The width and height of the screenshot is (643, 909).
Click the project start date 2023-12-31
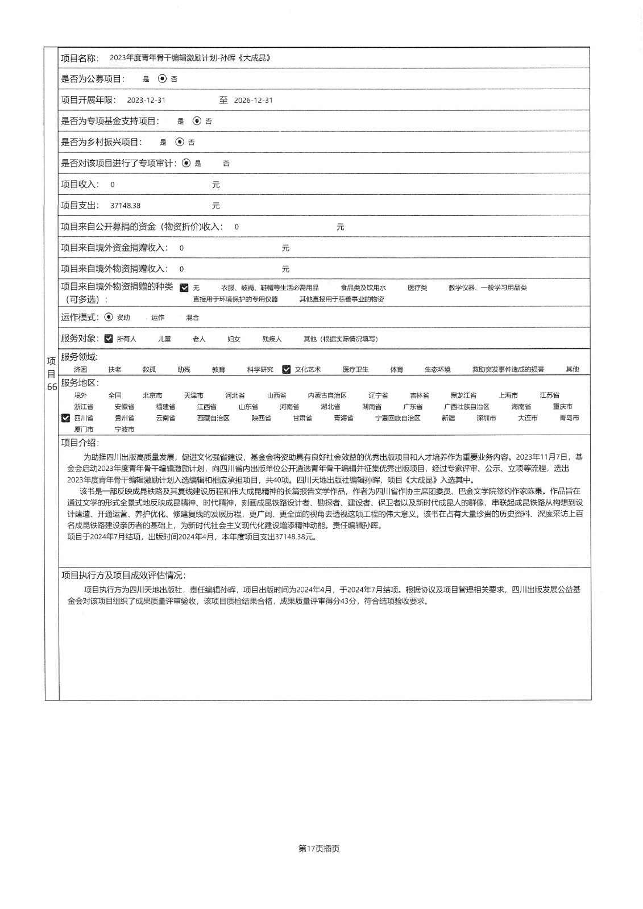click(x=146, y=100)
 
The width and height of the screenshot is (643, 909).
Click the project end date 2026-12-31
click(x=253, y=100)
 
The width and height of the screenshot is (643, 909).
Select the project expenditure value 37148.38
click(x=125, y=206)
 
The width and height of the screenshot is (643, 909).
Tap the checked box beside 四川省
click(x=66, y=418)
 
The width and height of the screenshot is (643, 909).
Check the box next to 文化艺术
click(x=286, y=369)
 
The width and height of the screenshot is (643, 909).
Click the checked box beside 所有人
click(x=109, y=339)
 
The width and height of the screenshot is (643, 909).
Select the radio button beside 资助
click(x=109, y=318)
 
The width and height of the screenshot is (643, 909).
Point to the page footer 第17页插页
click(x=319, y=849)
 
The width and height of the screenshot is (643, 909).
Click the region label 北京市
click(x=152, y=395)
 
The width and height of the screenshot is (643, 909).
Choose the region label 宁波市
click(x=125, y=430)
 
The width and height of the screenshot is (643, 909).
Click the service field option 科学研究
click(x=260, y=370)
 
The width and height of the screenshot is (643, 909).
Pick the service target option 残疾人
click(x=272, y=339)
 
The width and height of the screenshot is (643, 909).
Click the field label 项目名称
click(x=80, y=58)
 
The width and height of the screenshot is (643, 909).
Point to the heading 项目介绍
click(x=80, y=443)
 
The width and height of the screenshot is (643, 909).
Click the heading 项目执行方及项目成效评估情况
click(x=123, y=575)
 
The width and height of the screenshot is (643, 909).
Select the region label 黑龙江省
click(x=463, y=395)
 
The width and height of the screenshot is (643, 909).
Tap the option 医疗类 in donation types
click(x=417, y=288)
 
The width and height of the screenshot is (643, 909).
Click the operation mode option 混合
click(x=192, y=318)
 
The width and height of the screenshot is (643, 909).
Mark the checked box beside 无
click(x=184, y=288)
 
